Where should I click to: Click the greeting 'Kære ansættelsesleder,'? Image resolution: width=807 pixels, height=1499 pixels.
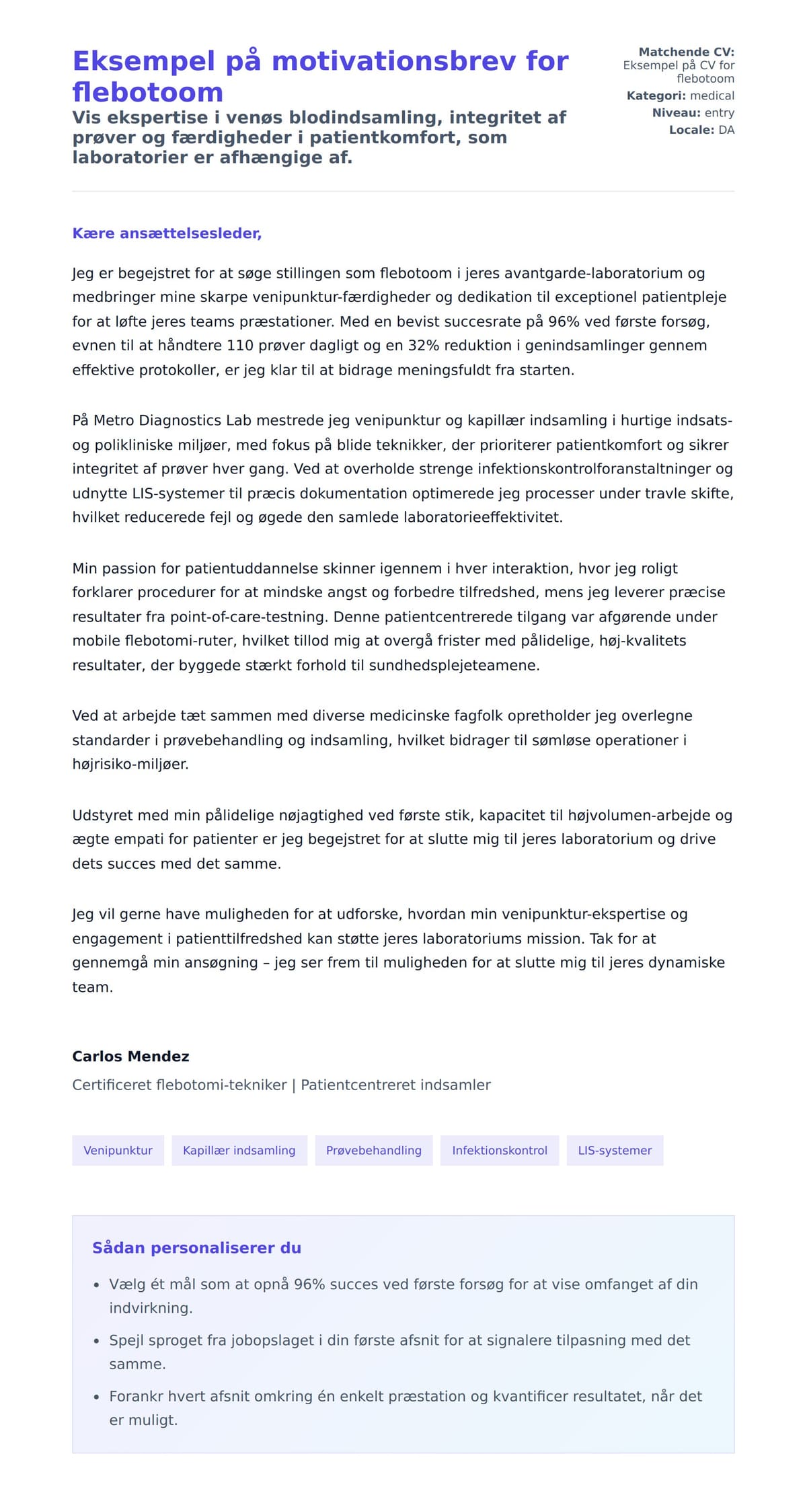pyautogui.click(x=167, y=233)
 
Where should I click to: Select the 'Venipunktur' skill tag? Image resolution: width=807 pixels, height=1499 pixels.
pyautogui.click(x=118, y=1150)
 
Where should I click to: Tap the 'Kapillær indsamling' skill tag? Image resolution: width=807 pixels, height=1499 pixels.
pyautogui.click(x=239, y=1150)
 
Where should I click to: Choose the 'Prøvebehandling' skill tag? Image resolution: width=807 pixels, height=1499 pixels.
pyautogui.click(x=373, y=1150)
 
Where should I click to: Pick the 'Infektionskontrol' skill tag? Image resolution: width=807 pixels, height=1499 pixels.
pyautogui.click(x=499, y=1150)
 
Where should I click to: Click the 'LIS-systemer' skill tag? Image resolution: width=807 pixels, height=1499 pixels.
pyautogui.click(x=614, y=1150)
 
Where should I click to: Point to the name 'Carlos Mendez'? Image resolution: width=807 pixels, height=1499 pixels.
pyautogui.click(x=130, y=1056)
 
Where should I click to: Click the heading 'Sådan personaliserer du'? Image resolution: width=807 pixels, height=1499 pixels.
pyautogui.click(x=196, y=1247)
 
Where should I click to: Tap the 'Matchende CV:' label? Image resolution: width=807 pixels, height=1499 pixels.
pyautogui.click(x=686, y=52)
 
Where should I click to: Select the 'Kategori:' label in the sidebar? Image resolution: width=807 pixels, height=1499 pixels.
pyautogui.click(x=656, y=95)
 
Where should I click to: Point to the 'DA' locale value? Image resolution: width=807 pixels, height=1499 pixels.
pyautogui.click(x=726, y=130)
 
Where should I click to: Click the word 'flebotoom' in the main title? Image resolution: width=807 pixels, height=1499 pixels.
pyautogui.click(x=147, y=92)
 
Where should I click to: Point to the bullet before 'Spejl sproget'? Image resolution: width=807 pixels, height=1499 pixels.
pyautogui.click(x=97, y=1341)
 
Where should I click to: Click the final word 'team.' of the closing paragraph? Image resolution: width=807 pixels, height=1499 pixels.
pyautogui.click(x=93, y=987)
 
